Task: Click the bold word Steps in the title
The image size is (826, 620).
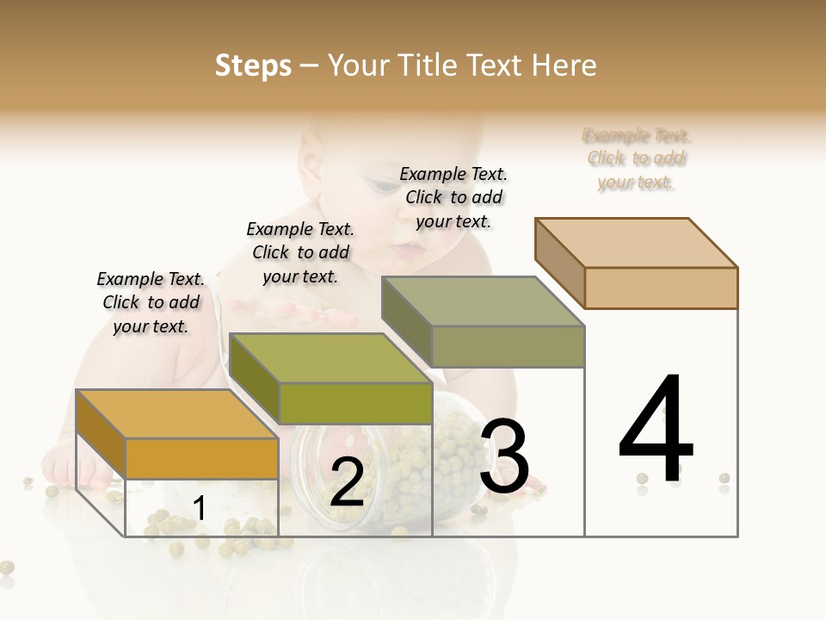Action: tap(253, 65)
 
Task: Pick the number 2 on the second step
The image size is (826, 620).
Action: tap(347, 482)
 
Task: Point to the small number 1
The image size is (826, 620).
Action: tap(200, 509)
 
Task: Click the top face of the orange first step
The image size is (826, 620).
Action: tap(177, 414)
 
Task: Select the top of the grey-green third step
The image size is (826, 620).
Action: tap(483, 301)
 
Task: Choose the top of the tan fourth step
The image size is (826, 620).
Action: tap(636, 243)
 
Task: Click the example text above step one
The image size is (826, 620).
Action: tap(151, 302)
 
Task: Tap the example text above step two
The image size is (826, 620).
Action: tap(300, 252)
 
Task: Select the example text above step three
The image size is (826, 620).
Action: tap(453, 197)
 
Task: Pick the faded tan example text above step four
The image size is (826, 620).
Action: tap(637, 158)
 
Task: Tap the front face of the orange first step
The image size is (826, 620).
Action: tap(201, 458)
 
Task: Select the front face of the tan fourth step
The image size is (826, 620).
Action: tap(661, 288)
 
